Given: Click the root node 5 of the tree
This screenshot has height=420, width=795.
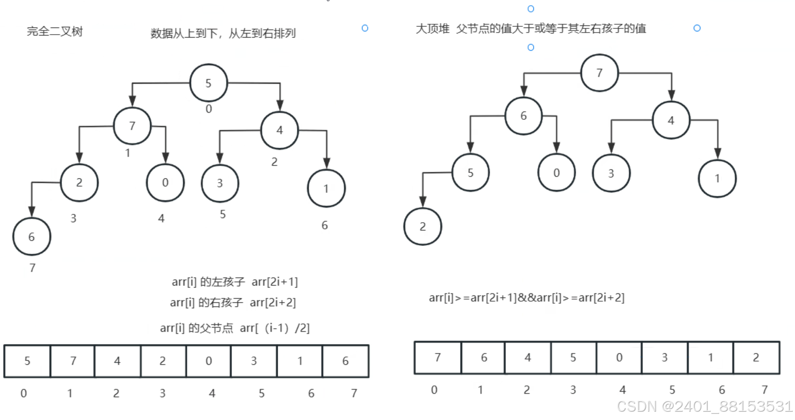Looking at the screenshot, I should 209,83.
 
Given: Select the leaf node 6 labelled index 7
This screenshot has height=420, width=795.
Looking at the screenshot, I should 31,237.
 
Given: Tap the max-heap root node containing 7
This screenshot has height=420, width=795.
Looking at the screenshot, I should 599,73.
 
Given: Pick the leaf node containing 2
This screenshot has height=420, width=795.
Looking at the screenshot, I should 422,226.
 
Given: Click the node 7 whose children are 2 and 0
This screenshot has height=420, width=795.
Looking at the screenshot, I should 132,126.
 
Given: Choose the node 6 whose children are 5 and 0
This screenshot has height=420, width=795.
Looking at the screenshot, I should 523,116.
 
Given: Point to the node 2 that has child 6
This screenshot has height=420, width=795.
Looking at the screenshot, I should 79,182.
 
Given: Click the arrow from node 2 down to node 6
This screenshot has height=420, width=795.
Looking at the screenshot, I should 32,199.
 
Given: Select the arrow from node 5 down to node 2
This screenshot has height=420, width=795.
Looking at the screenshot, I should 423,189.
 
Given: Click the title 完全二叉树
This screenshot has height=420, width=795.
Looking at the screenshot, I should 55,32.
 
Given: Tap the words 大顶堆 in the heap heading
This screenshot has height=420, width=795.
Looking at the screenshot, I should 432,29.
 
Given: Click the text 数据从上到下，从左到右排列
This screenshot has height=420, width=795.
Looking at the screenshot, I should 223,34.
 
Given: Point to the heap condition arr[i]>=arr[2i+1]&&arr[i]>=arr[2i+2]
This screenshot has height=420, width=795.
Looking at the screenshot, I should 527,298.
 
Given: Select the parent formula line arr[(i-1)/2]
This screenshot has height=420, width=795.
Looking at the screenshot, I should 235,328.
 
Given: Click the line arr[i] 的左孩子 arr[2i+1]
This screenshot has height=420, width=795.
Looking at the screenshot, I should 235,282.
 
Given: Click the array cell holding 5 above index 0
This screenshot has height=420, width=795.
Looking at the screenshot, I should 27,361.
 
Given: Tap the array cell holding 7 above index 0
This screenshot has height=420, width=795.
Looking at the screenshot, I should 438,357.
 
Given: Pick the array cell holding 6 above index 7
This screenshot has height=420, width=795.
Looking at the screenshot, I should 345,361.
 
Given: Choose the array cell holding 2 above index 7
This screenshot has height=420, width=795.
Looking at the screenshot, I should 756,357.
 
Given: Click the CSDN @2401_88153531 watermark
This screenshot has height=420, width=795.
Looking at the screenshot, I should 704,407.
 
